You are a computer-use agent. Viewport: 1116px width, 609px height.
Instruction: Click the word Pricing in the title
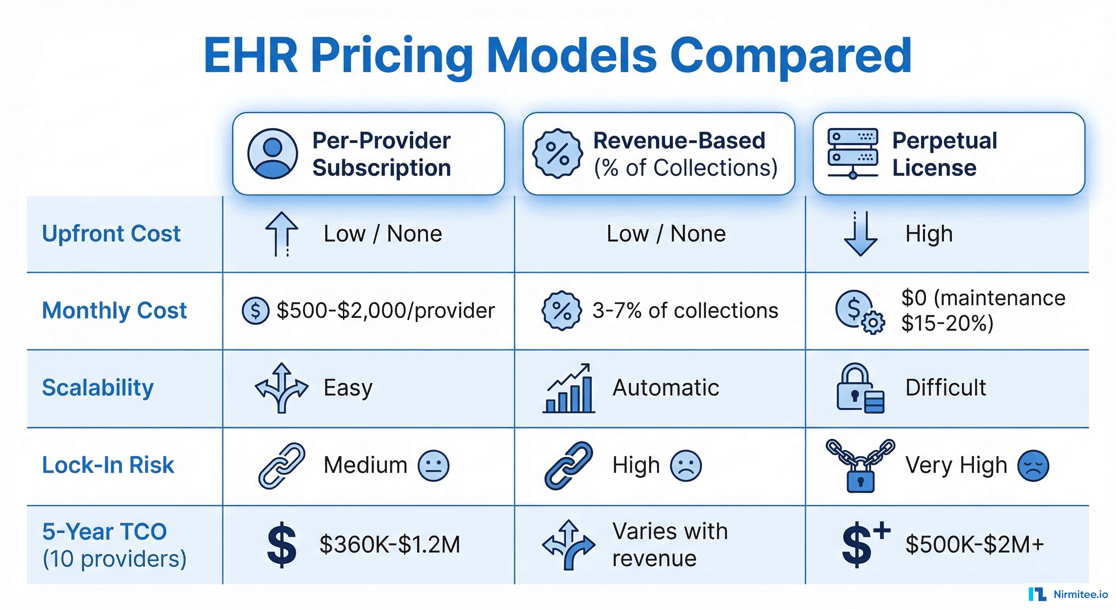[392, 56]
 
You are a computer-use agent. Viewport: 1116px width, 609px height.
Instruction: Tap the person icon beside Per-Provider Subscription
[273, 153]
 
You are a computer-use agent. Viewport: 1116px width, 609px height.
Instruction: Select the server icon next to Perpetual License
[852, 153]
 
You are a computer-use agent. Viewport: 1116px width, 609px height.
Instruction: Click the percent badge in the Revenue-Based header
[557, 153]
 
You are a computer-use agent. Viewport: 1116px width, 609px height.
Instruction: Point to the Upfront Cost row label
[111, 234]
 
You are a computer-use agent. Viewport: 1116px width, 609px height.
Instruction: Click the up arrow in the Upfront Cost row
[282, 234]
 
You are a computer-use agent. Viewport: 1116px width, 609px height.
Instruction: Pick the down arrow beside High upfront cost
[860, 234]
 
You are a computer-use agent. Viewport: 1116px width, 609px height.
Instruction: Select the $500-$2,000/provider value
[386, 310]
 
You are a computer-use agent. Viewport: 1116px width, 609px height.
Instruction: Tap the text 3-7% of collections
[685, 310]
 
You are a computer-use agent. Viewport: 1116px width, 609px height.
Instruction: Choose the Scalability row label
[98, 387]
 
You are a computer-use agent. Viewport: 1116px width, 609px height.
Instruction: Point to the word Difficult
[945, 387]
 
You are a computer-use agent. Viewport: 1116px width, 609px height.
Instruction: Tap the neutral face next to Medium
[433, 466]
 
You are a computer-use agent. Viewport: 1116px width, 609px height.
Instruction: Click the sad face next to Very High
[1033, 466]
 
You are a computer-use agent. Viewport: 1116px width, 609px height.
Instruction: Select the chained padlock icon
[860, 465]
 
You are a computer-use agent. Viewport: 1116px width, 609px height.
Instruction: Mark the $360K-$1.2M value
[390, 544]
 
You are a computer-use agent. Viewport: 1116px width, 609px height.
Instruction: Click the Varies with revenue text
[669, 544]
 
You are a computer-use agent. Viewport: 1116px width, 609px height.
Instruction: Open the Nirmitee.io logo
[1068, 594]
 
